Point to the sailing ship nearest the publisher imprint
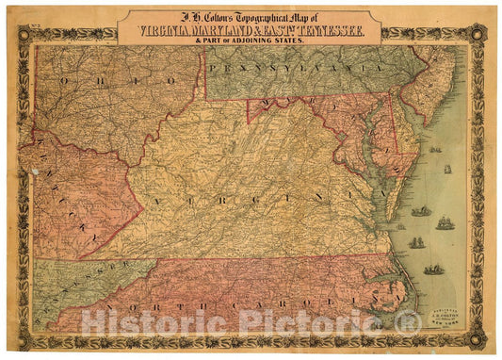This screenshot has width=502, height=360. coord(432,270)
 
